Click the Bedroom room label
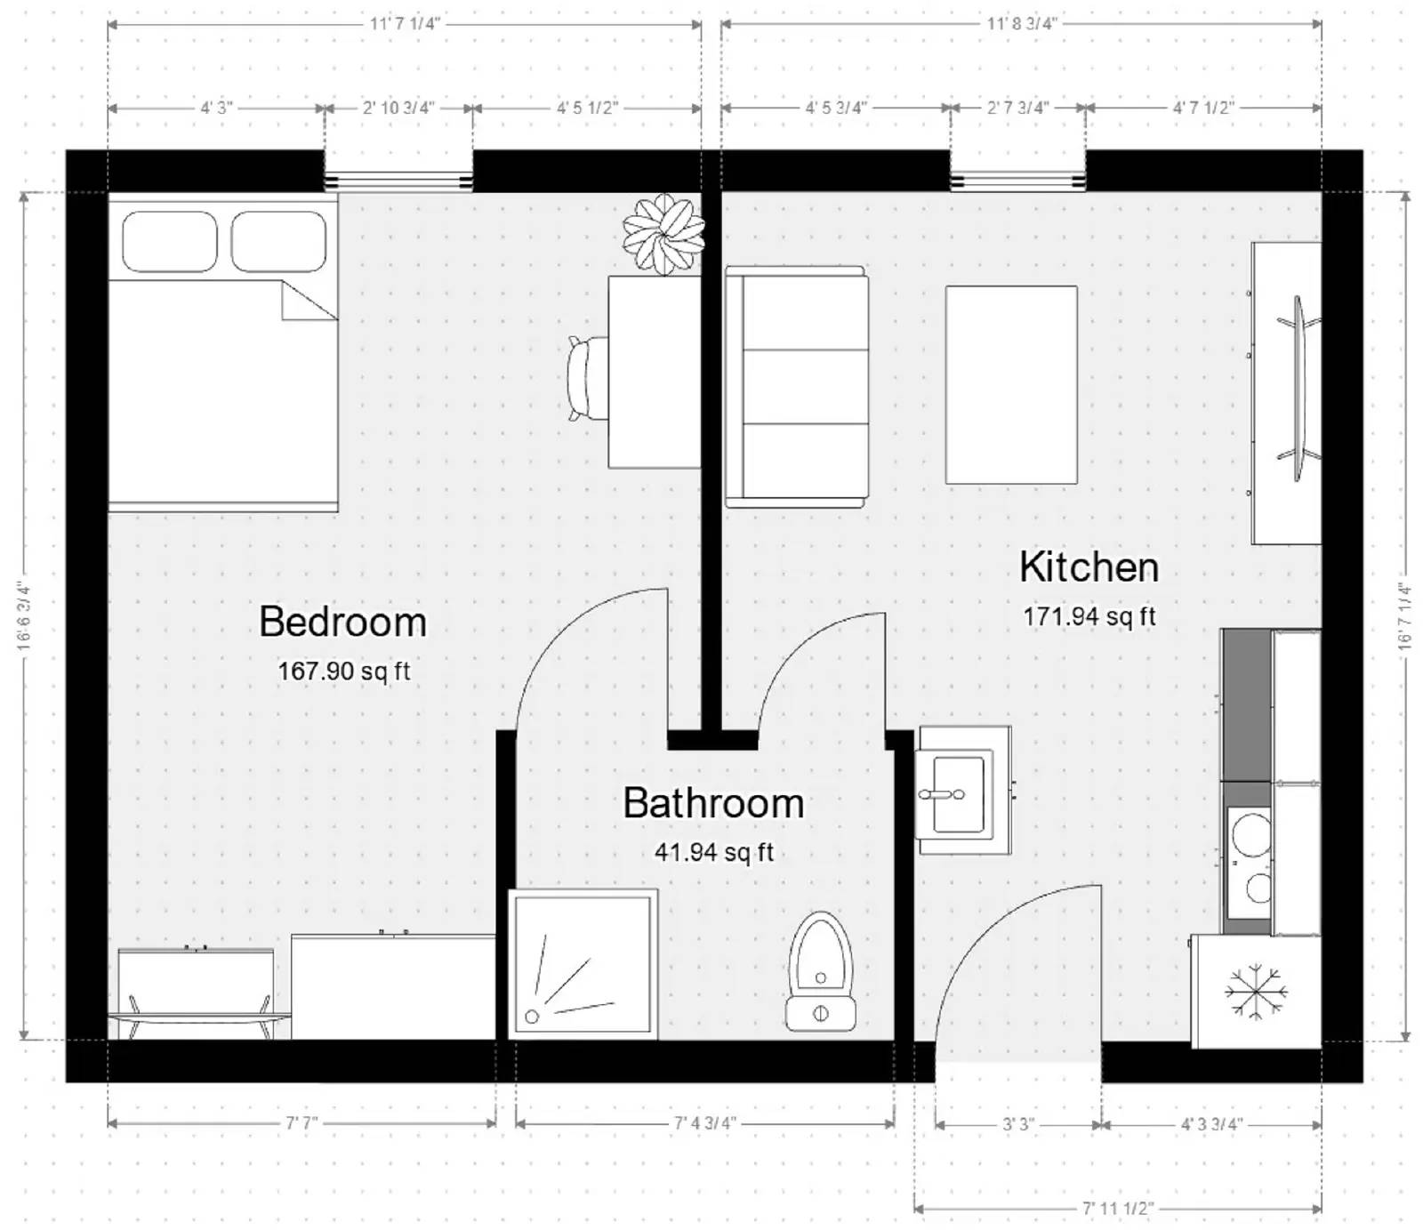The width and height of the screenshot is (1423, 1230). (x=342, y=622)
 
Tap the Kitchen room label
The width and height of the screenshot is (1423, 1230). (x=1089, y=567)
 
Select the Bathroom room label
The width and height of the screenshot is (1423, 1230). (x=713, y=803)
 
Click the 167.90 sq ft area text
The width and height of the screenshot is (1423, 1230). (x=344, y=671)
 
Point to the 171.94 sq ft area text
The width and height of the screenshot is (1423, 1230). (x=1089, y=616)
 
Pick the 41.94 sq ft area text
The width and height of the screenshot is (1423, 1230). (x=714, y=852)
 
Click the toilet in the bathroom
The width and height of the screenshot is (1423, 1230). (x=820, y=971)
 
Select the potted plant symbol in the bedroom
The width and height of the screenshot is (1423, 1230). (x=663, y=234)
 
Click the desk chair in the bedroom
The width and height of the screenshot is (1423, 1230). (x=587, y=377)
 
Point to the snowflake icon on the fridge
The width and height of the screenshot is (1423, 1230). (x=1256, y=990)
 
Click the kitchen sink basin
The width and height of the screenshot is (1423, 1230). (x=959, y=793)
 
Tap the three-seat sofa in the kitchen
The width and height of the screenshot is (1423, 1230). (x=797, y=387)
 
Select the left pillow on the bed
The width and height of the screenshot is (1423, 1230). (x=170, y=241)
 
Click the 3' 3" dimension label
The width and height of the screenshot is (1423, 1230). (x=1018, y=1124)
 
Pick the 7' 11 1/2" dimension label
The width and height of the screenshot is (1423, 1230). (x=1118, y=1209)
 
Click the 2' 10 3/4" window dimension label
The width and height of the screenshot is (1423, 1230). (x=398, y=109)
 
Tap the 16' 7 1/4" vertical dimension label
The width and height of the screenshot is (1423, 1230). (x=1405, y=616)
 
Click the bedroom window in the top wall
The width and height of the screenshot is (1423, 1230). (x=398, y=181)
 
